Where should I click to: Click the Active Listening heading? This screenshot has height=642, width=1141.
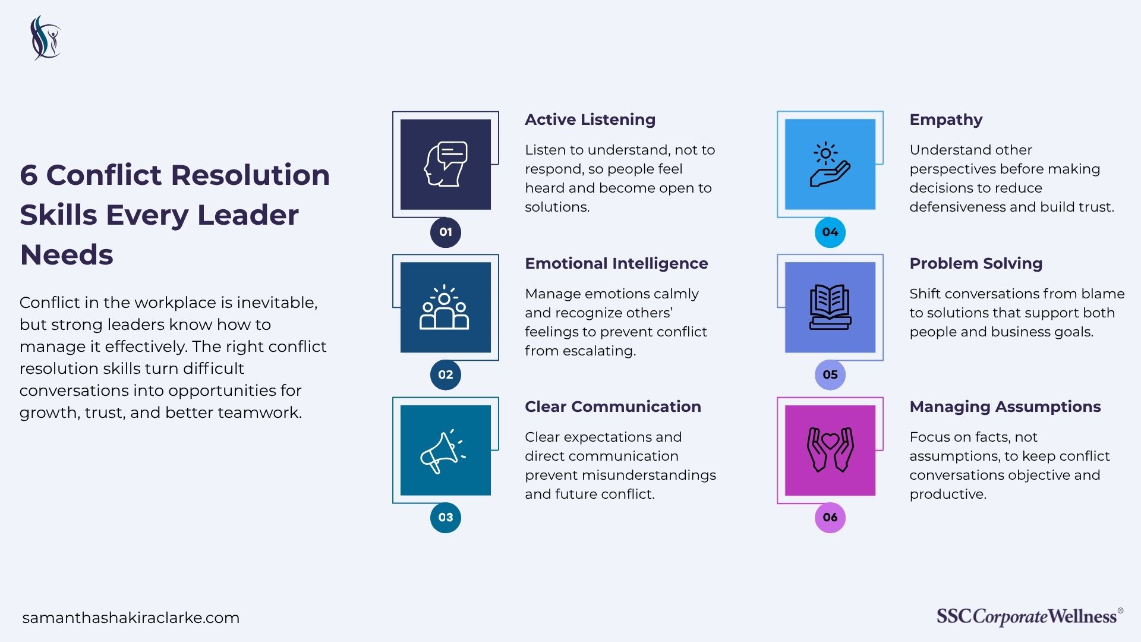[590, 119]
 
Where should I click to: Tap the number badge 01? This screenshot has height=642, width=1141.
[446, 232]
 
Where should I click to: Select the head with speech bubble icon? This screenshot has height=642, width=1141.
[446, 164]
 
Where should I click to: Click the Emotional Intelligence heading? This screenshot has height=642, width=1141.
[616, 263]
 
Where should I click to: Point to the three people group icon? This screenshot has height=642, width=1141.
[445, 307]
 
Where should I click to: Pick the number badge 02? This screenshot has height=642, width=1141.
[446, 374]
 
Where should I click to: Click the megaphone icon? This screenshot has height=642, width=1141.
[443, 451]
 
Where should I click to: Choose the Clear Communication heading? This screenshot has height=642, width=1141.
[613, 407]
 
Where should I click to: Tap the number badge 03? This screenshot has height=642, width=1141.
[446, 517]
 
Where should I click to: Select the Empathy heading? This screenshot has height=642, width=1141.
[946, 120]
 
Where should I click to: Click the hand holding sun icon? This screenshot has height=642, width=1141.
[830, 165]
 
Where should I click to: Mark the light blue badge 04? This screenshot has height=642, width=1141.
[830, 232]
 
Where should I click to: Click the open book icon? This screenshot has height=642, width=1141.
[830, 307]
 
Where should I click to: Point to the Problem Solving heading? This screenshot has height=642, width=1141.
[976, 263]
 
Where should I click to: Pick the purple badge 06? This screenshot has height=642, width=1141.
[830, 517]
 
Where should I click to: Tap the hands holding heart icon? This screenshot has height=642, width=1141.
[830, 450]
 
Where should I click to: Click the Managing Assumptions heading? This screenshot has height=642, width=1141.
[1005, 407]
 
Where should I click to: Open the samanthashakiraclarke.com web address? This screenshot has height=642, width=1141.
[131, 618]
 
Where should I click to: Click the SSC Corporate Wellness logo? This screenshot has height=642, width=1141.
[1030, 616]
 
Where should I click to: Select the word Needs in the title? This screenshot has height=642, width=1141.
[67, 255]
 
